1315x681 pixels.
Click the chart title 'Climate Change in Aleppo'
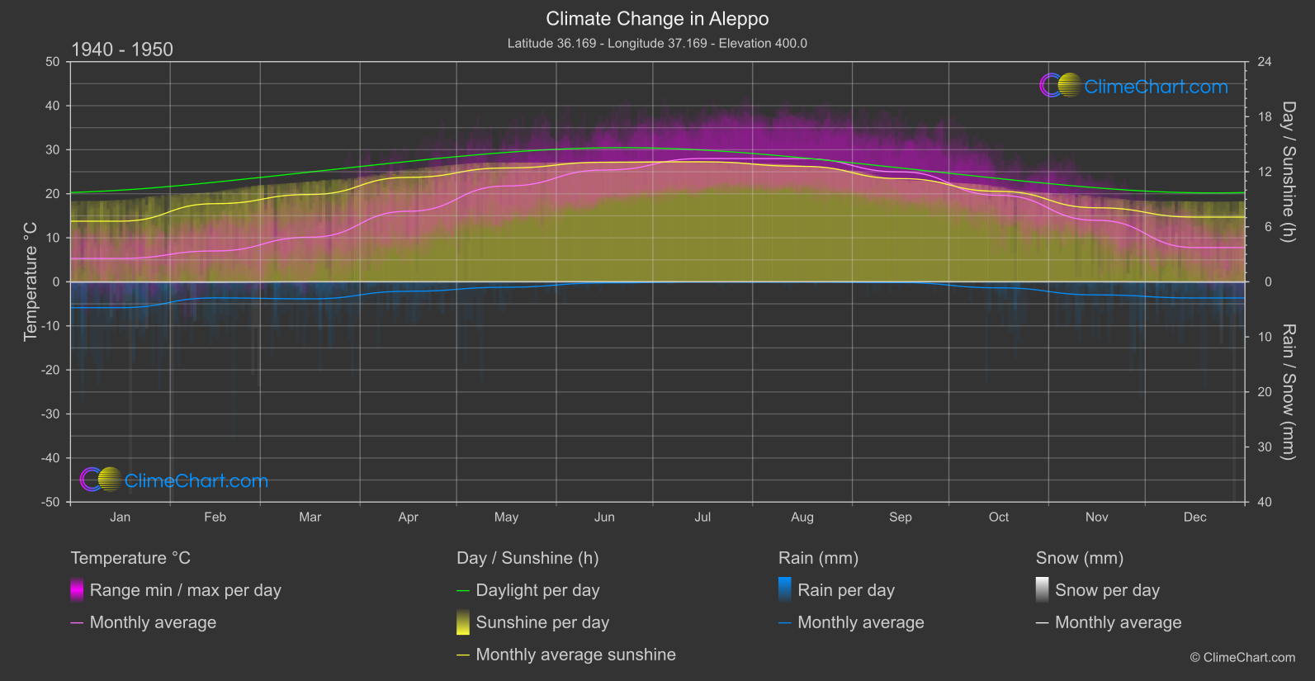tap(657, 19)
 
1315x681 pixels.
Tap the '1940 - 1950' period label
tap(122, 50)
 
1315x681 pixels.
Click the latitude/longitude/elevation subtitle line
tap(657, 43)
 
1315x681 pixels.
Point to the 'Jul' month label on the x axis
tap(702, 517)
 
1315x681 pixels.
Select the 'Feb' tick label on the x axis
tap(215, 517)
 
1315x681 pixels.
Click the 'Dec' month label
tap(1194, 517)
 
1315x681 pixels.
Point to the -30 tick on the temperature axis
tap(51, 414)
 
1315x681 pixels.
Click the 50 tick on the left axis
tap(53, 62)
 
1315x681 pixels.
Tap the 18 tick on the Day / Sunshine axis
tap(1264, 117)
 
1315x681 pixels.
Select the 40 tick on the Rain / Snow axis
tap(1264, 502)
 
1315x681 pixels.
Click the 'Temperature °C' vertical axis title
tap(31, 281)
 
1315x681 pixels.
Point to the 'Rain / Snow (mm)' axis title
tap(1288, 392)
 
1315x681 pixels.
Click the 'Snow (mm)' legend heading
tap(1079, 558)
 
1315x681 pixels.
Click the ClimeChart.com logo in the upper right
tap(1134, 86)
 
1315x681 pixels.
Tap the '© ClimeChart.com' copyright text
tap(1242, 657)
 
